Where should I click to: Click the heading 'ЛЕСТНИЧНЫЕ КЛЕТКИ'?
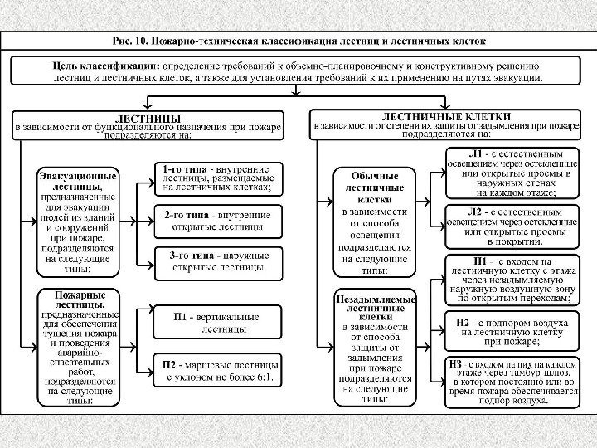point(444,124)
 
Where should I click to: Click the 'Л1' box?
point(512,173)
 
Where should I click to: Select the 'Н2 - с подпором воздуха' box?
point(512,329)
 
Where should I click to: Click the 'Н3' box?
point(512,381)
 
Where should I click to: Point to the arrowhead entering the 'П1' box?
point(153,322)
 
